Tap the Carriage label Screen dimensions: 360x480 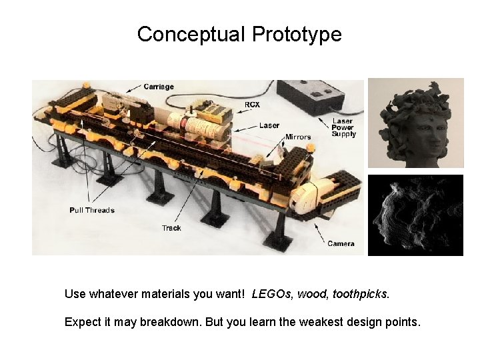[x=159, y=87]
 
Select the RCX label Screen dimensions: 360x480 [x=252, y=105]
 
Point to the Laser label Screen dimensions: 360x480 [x=269, y=125]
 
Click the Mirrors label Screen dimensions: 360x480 [x=298, y=137]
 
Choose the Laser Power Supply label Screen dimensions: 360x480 [x=344, y=128]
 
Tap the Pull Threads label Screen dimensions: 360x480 [x=92, y=211]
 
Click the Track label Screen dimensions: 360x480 [x=171, y=228]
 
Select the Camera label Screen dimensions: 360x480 [x=341, y=244]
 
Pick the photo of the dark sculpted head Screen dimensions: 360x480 [x=415, y=123]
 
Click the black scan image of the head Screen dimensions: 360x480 [x=415, y=215]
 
